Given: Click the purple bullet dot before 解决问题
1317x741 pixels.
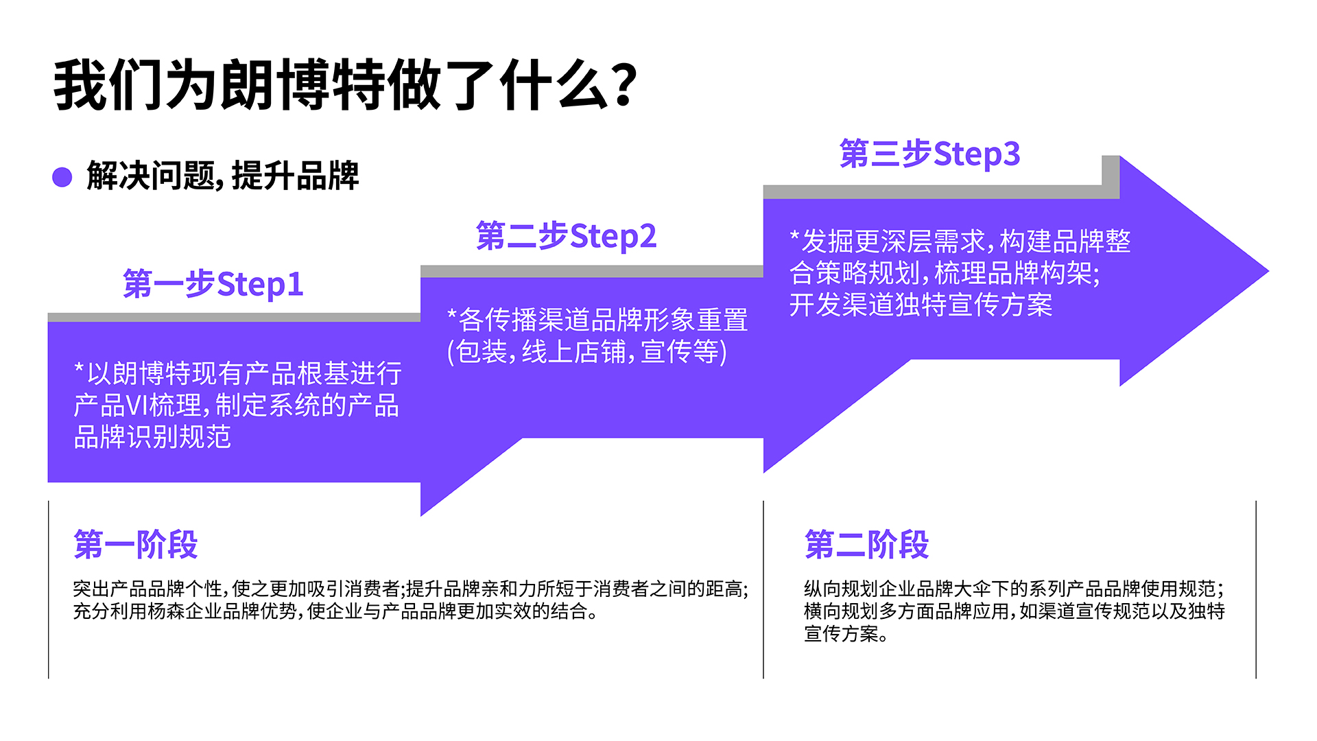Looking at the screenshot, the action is coord(62,177).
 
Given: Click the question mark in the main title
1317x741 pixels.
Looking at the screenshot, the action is coord(624,85).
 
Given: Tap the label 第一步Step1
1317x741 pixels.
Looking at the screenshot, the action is coord(213,284).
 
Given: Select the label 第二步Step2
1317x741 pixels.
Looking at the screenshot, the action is coord(567,236).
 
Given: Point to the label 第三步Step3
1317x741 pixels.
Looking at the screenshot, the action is coord(930,154).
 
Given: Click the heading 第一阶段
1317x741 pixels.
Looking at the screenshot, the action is coord(136,545).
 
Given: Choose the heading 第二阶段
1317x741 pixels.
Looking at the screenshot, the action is coord(867,545).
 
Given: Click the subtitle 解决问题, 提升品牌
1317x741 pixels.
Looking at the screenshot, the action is coord(223,176).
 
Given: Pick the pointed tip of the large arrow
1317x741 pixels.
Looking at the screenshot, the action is coord(1268,272).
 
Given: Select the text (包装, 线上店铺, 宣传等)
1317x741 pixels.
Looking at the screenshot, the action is coord(587,352).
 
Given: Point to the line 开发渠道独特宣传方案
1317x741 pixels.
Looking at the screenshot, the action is coord(921,305).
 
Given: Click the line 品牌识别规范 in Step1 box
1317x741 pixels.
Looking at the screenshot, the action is coord(152,437).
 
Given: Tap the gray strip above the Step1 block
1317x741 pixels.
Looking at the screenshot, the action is coord(234,317).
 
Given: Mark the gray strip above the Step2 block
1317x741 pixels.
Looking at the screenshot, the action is coord(592,272).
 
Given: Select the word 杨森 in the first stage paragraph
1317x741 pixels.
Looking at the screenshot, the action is coord(166,611).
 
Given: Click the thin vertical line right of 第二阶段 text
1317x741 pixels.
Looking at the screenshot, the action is coord(1256,590).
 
